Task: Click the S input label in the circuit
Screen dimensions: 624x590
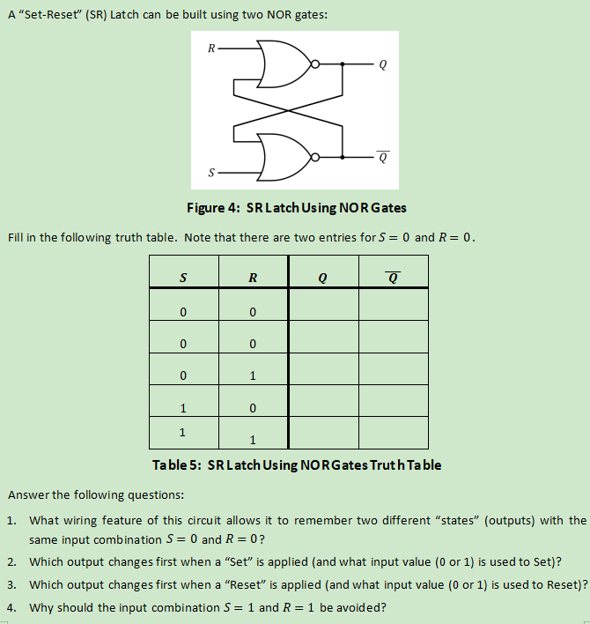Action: [x=210, y=173]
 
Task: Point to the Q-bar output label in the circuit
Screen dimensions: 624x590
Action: [x=381, y=159]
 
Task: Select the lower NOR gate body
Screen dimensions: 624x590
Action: [x=283, y=158]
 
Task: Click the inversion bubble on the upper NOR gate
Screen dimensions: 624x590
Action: [x=318, y=64]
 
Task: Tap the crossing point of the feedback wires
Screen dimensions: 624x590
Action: [x=285, y=111]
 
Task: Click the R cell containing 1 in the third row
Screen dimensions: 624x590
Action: [x=253, y=376]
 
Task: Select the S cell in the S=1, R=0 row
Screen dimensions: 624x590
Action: [x=182, y=408]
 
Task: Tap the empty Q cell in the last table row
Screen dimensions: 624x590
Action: [x=322, y=433]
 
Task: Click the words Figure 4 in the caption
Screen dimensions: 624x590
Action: [x=210, y=208]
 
